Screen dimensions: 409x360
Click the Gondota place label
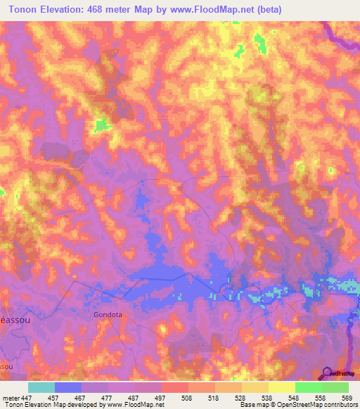(108, 315)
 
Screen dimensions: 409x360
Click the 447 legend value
(26, 397)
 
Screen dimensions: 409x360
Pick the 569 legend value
(346, 397)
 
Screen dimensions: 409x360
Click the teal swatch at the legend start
(41, 387)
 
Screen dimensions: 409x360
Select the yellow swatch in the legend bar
(281, 387)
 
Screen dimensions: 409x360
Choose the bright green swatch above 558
(308, 387)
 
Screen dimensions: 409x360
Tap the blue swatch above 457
(68, 387)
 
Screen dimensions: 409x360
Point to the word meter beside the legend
(8, 397)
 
